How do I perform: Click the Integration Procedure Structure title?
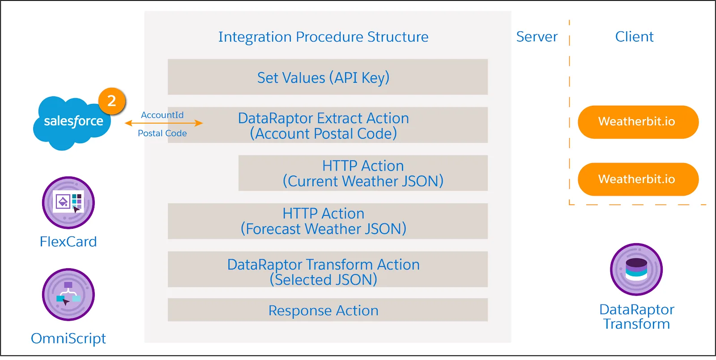coord(323,37)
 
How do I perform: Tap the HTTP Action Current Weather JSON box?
coord(363,173)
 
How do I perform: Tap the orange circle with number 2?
coord(112,101)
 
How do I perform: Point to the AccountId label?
coord(162,115)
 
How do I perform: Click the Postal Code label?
coord(162,133)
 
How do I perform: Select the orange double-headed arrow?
coord(164,123)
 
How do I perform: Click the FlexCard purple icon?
coord(68,203)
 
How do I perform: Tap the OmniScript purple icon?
coord(68,295)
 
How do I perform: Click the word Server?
coord(537,37)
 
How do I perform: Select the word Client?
coord(634,37)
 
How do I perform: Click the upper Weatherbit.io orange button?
coord(638,122)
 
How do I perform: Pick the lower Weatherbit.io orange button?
coord(638,179)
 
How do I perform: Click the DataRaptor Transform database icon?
coord(636,270)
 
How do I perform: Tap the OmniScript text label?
coord(68,339)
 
